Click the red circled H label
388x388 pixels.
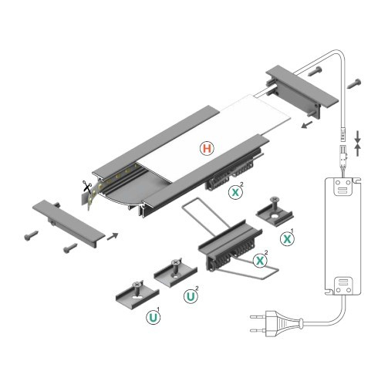click(207, 147)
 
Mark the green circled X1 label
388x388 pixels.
click(287, 238)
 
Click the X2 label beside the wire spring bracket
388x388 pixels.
click(261, 260)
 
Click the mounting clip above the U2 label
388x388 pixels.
click(173, 272)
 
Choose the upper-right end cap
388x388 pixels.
click(300, 86)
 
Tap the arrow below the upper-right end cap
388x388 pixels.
click(307, 122)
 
